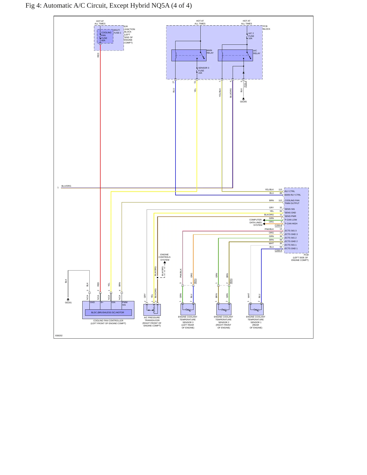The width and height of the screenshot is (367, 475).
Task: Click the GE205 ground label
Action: tap(243, 102)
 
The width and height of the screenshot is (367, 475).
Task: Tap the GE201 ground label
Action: tap(68, 303)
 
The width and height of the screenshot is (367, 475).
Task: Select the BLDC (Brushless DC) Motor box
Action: tap(108, 312)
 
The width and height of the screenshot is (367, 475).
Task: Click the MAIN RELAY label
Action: tap(210, 52)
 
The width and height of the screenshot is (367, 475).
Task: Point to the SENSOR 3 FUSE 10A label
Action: tap(204, 70)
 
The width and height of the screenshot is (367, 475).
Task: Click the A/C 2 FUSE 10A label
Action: tap(251, 36)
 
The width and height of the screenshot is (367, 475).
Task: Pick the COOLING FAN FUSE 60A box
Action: tap(105, 36)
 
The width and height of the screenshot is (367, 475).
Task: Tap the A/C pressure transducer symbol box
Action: tap(152, 310)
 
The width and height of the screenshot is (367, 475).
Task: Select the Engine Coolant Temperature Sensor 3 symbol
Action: tap(188, 309)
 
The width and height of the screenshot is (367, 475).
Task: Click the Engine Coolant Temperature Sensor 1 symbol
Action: tap(256, 309)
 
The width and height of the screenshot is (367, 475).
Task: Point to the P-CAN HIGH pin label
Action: tap(291, 224)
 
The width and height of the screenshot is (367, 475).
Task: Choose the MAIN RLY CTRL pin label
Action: tap(293, 195)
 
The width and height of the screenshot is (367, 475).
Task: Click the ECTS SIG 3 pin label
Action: tap(291, 231)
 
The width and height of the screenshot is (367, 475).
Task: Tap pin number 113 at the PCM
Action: tap(280, 189)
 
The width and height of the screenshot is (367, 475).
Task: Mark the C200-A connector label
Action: tap(278, 250)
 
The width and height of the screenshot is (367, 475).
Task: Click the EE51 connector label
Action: tap(195, 281)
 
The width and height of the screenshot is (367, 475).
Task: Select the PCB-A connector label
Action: tap(245, 84)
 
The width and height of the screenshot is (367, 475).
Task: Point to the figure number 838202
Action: tap(59, 336)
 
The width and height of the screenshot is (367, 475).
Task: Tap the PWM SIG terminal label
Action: tap(125, 304)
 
